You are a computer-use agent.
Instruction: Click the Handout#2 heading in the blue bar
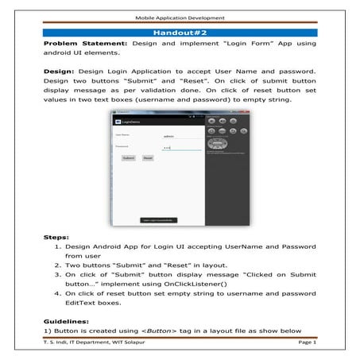[180, 32]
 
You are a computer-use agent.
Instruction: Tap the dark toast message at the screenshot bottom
[159, 219]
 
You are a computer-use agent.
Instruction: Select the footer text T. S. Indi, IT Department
[87, 344]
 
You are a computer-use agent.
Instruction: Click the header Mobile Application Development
[180, 15]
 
